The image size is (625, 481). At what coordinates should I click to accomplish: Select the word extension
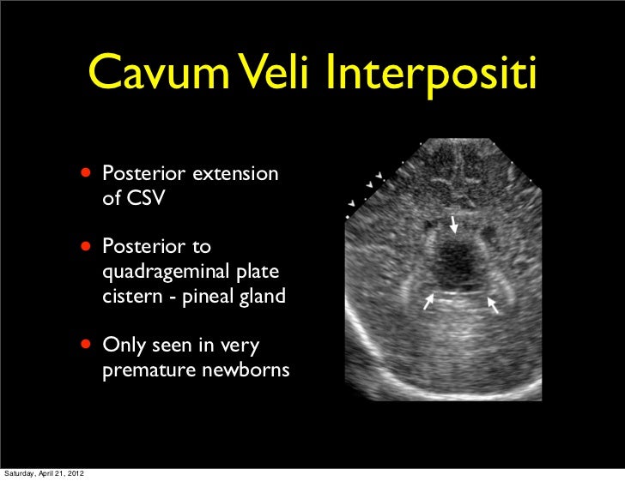point(234,175)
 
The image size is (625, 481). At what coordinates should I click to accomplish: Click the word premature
point(148,372)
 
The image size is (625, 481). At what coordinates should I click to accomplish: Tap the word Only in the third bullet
point(122,346)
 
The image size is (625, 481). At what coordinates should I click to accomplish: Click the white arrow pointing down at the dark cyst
point(455,225)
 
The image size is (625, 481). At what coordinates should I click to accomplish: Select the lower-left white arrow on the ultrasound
point(429,302)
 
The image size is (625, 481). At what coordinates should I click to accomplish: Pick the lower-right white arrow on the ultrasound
point(493,303)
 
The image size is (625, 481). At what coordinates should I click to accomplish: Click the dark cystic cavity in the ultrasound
point(452,264)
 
